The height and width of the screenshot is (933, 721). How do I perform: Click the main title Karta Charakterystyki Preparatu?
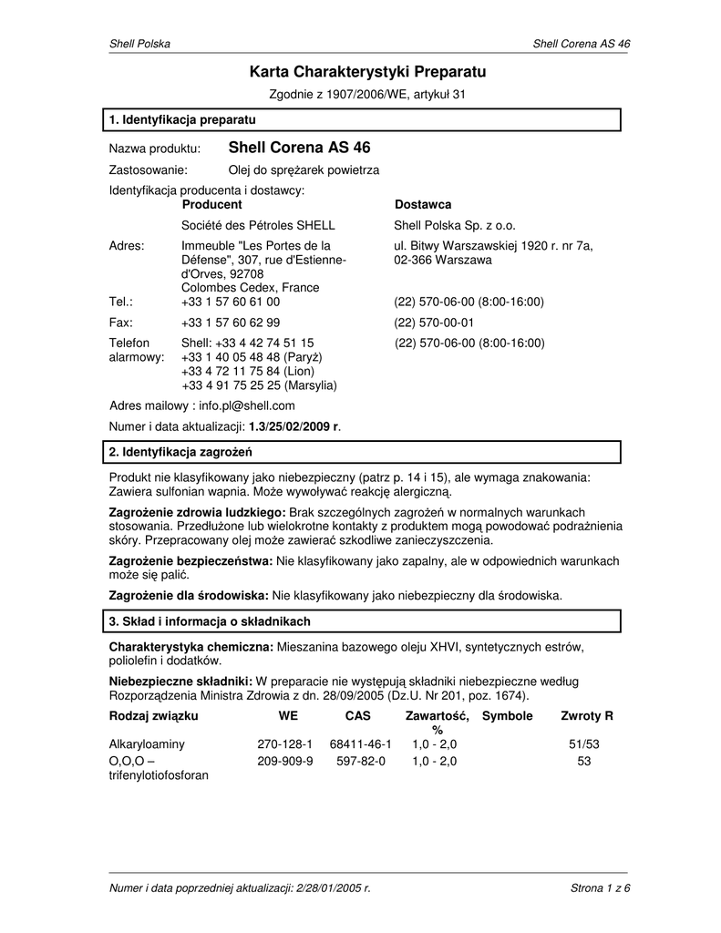(x=368, y=71)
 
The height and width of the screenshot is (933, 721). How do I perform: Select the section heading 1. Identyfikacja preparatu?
(x=182, y=120)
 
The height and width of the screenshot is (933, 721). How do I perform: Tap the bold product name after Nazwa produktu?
(x=299, y=148)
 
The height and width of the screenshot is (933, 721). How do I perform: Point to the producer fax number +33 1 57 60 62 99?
(x=231, y=323)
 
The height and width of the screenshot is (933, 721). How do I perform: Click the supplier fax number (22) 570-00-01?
(x=434, y=323)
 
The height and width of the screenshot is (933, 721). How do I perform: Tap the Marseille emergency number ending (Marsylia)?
(x=259, y=385)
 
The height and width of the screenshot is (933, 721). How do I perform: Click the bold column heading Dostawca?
(x=422, y=205)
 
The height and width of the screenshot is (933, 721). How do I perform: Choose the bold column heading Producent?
(x=211, y=205)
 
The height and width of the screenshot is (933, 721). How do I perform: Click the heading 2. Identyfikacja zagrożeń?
(x=180, y=452)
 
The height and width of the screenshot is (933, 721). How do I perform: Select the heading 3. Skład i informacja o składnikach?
(x=210, y=621)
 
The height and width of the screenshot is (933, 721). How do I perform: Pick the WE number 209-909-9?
(x=284, y=761)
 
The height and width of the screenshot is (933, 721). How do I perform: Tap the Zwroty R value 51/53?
(x=584, y=744)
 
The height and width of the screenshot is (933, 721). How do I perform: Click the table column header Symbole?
(x=507, y=716)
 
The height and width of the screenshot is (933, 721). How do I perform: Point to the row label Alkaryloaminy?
(x=147, y=744)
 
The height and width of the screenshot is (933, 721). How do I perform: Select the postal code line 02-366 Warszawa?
(x=442, y=261)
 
